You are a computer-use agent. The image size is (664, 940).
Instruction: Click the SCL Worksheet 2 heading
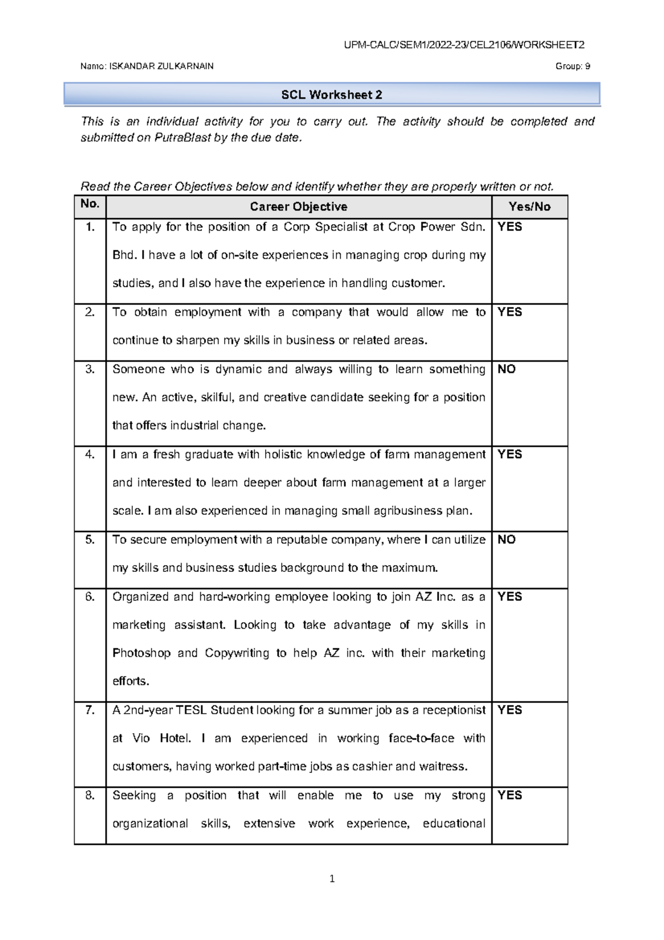[x=331, y=95]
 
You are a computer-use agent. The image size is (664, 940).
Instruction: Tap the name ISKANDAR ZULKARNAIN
[x=161, y=66]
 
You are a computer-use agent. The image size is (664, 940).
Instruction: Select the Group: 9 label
[x=572, y=66]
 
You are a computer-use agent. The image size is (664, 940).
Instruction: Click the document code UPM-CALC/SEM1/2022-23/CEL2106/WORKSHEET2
[x=464, y=45]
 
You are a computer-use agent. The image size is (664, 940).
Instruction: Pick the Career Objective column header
[x=298, y=207]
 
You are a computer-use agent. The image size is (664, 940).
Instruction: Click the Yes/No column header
[x=529, y=207]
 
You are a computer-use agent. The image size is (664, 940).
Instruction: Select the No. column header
[x=90, y=204]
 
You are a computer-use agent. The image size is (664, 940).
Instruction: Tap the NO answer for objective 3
[x=506, y=369]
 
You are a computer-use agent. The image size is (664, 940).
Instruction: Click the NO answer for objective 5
[x=506, y=540]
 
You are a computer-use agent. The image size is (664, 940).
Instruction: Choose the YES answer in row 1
[x=510, y=227]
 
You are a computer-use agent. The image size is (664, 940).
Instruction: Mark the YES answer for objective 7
[x=510, y=710]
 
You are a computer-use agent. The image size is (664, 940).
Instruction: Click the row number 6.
[x=90, y=597]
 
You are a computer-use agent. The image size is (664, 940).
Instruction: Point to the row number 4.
[x=90, y=454]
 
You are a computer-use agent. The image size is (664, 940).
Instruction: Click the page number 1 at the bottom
[x=332, y=879]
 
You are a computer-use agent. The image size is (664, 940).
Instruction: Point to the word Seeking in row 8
[x=134, y=796]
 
